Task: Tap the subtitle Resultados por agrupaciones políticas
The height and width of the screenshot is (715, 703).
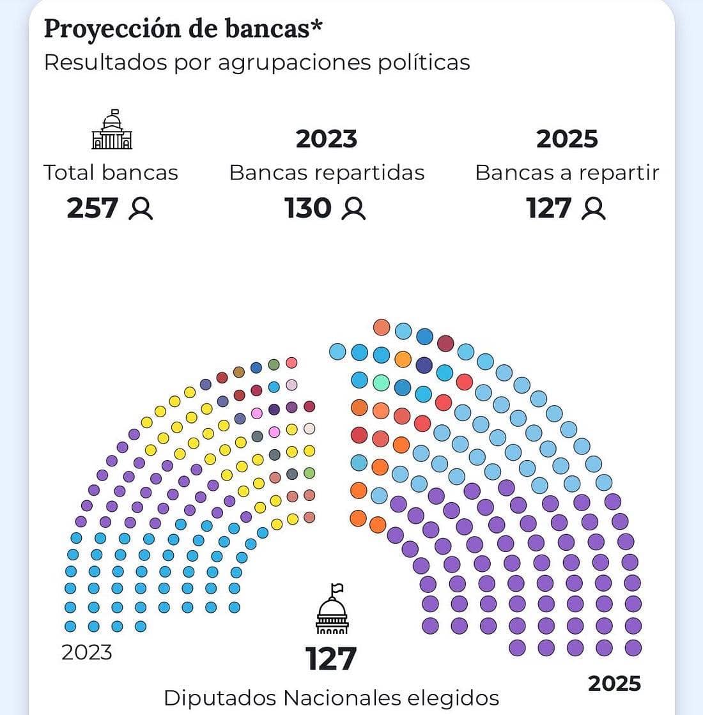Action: coord(257,63)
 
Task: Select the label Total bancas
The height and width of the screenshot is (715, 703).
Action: coord(111,173)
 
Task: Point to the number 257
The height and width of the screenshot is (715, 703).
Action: coord(93,208)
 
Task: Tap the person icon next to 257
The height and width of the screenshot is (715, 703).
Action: coord(141,209)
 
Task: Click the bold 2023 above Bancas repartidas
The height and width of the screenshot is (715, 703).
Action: coord(327,139)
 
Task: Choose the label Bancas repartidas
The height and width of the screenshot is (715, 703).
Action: coord(327,173)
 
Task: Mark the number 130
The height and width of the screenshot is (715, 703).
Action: coord(308,208)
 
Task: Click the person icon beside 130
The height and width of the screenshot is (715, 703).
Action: coord(353,209)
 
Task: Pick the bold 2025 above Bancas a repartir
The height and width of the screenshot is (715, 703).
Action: coord(567,139)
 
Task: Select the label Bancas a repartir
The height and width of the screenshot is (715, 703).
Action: coord(567,173)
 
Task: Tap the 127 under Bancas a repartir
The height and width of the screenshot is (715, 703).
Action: coord(548,208)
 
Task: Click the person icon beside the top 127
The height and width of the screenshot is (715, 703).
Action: coord(593,209)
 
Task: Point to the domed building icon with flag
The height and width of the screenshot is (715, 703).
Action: coord(332,610)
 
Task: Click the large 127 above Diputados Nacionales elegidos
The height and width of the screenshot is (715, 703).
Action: coord(331,659)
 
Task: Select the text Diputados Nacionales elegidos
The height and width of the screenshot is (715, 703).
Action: coord(331,697)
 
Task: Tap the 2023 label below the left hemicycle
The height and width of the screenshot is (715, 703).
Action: coord(86,652)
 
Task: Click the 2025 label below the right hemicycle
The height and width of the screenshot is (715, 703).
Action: coord(614,684)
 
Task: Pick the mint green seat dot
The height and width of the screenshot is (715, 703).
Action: coord(381,383)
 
